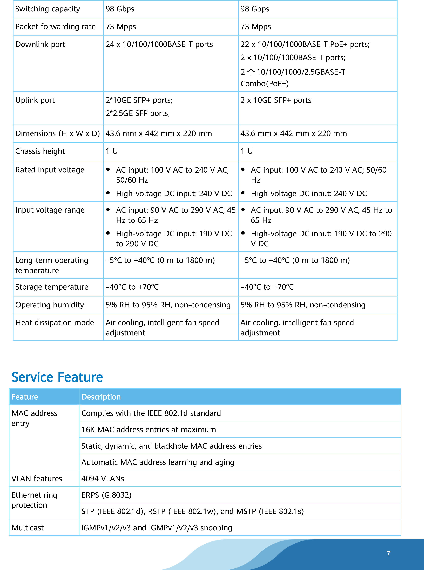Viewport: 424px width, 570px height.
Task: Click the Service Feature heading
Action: coord(57,377)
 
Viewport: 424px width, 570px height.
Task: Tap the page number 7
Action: coord(388,554)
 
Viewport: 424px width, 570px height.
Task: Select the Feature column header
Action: coord(25,397)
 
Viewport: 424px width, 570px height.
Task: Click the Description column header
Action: coord(101,397)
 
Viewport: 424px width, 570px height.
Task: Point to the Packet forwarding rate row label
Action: coord(55,27)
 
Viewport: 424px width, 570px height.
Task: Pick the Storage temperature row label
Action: coord(52,287)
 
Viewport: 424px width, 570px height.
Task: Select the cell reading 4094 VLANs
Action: coord(103,478)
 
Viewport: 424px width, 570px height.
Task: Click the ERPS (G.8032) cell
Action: coord(106,495)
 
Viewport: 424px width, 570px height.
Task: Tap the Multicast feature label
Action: coord(28,528)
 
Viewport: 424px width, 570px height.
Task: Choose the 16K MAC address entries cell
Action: coord(149,430)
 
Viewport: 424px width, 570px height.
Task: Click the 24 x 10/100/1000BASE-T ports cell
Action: coord(159,44)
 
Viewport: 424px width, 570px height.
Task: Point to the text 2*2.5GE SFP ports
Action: coord(138,113)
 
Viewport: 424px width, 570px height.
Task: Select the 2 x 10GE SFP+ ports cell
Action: coord(276,100)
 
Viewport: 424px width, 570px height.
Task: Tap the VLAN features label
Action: coord(37,478)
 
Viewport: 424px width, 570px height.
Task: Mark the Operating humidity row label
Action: coord(50,305)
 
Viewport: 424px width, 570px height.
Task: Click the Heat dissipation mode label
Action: coord(55,323)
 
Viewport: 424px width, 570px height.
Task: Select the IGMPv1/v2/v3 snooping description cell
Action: coord(157,528)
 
